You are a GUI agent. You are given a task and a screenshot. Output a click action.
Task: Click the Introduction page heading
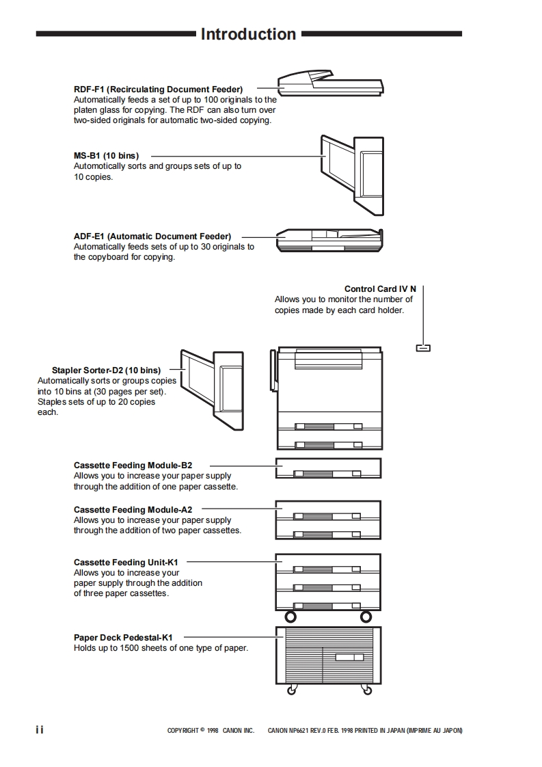pyautogui.click(x=248, y=34)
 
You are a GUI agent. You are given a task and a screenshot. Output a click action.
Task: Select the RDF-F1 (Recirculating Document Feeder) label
pyautogui.click(x=158, y=89)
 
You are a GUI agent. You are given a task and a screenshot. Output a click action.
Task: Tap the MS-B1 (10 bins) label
pyautogui.click(x=106, y=156)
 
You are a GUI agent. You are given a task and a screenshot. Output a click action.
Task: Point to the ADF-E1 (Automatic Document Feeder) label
pyautogui.click(x=152, y=237)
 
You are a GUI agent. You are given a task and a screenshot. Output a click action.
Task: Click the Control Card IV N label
pyautogui.click(x=380, y=289)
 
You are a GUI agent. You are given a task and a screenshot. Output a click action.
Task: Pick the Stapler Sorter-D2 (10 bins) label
pyautogui.click(x=106, y=371)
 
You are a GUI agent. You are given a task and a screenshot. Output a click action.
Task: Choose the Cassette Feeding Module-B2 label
pyautogui.click(x=133, y=466)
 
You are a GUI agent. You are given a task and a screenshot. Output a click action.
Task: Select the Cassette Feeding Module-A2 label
pyautogui.click(x=133, y=510)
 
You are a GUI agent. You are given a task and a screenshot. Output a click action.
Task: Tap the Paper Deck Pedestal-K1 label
pyautogui.click(x=123, y=638)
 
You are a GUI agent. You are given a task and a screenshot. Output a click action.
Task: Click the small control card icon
pyautogui.click(x=423, y=348)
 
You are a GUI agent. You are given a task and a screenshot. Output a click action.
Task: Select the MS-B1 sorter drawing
pyautogui.click(x=351, y=171)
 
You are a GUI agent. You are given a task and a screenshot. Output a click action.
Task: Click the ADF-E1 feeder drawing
pyautogui.click(x=329, y=241)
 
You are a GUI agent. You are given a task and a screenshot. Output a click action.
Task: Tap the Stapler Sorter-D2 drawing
pyautogui.click(x=211, y=390)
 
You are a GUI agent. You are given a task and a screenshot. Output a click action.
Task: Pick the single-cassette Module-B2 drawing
pyautogui.click(x=328, y=468)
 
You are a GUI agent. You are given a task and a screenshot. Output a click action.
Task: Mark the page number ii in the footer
pyautogui.click(x=40, y=730)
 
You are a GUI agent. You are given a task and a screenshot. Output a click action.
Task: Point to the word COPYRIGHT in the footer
pyautogui.click(x=182, y=731)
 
